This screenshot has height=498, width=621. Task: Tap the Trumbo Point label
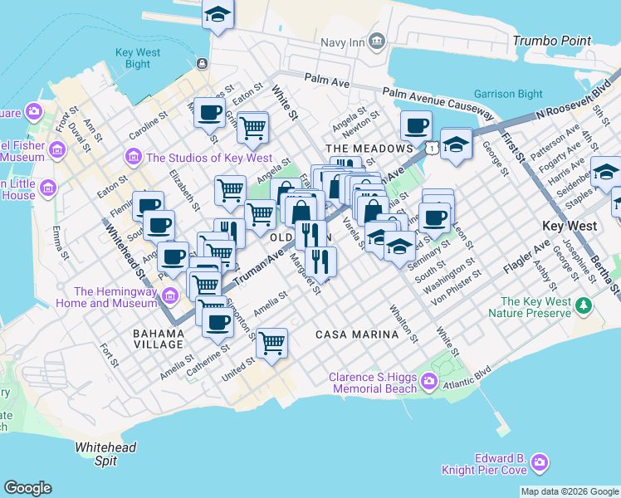point(552,41)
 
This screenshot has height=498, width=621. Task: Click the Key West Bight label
point(133,58)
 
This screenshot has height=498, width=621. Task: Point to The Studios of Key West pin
point(132,157)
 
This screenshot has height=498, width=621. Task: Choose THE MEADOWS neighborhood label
point(358,148)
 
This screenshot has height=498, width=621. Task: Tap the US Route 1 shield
point(433,147)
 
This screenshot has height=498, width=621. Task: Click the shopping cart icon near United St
point(271,341)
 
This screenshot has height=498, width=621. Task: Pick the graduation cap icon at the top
point(218,14)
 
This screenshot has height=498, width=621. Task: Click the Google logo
point(27,488)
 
